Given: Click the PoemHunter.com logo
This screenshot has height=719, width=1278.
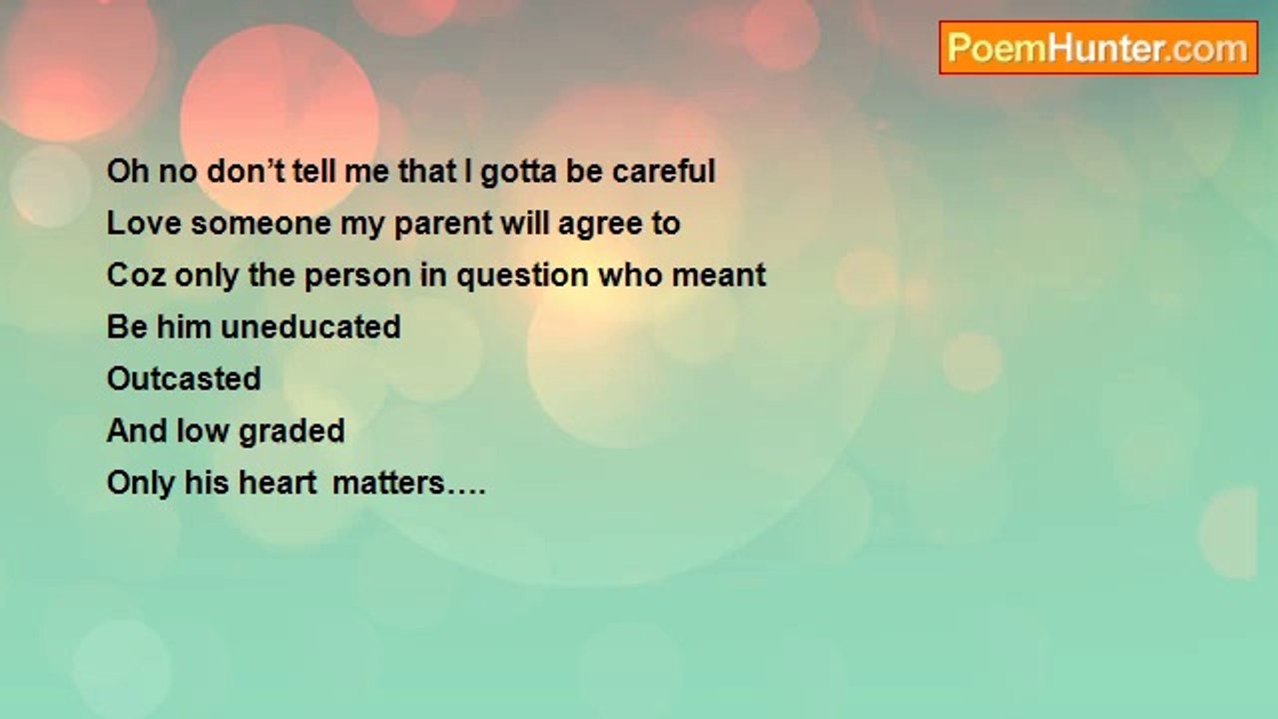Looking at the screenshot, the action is click(x=1098, y=48).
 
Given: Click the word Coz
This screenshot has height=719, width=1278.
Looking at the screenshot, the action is click(x=137, y=275).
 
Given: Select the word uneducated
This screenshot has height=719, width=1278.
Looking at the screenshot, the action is click(x=311, y=327).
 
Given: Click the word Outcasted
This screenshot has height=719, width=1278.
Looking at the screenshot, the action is click(x=184, y=378).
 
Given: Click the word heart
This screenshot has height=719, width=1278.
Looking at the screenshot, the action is click(x=278, y=482).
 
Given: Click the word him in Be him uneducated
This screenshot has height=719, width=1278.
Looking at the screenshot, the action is click(x=184, y=327).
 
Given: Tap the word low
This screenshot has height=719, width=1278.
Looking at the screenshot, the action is click(x=202, y=430).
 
